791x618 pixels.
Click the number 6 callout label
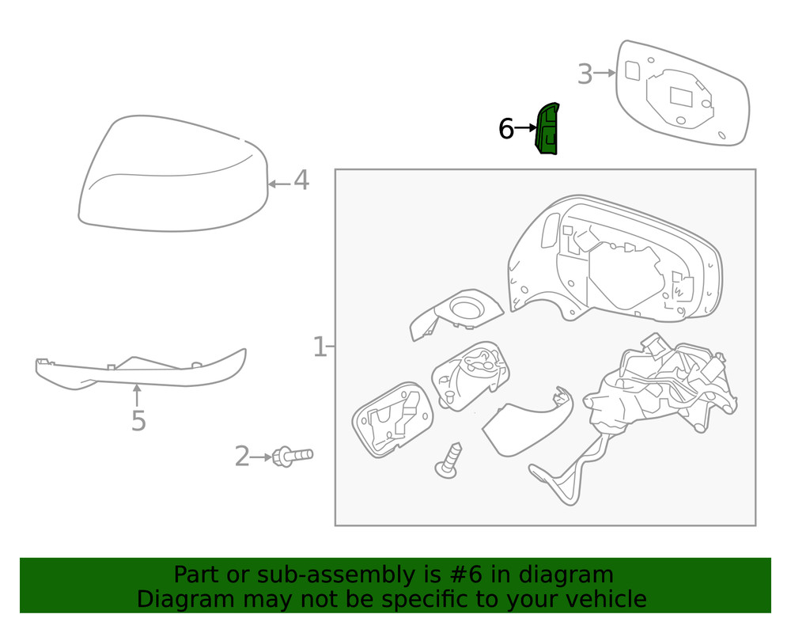click(506, 128)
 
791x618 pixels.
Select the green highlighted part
click(547, 129)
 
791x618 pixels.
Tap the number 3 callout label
click(585, 75)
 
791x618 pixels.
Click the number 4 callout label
click(301, 181)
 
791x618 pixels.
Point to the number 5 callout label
click(138, 421)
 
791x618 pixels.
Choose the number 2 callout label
click(242, 457)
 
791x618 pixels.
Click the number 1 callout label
click(320, 347)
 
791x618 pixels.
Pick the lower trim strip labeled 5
click(142, 370)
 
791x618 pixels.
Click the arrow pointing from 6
click(526, 127)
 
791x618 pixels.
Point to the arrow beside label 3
click(604, 74)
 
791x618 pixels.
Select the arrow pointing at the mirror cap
click(278, 184)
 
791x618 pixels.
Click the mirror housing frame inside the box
click(617, 261)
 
